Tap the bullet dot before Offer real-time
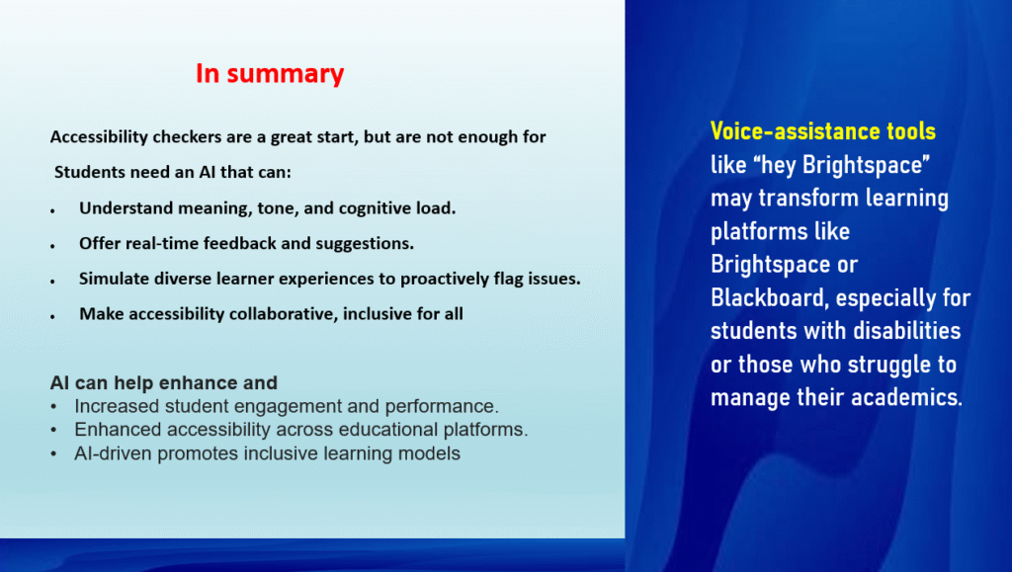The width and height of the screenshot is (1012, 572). [x=53, y=246]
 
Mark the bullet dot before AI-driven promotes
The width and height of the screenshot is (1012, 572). [x=53, y=454]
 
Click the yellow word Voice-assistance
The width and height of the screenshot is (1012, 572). [x=796, y=131]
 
